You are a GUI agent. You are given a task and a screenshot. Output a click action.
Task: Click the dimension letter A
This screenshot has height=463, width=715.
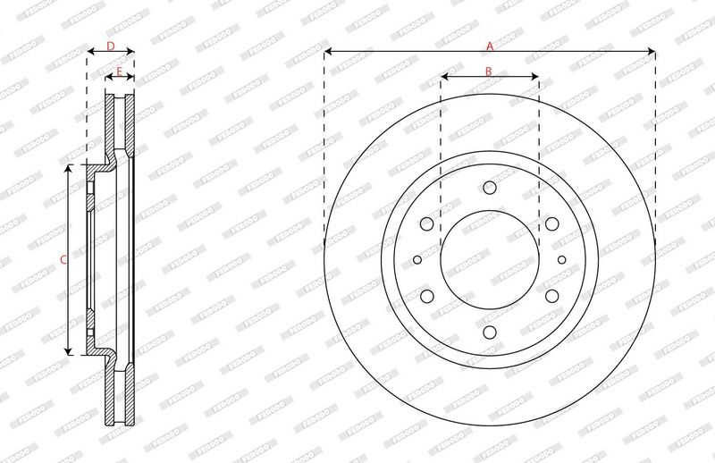point(490,46)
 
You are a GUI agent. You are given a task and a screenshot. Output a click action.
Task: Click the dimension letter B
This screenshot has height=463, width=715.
point(488,72)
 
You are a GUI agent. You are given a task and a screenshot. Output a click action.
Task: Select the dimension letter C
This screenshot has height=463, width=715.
point(63,260)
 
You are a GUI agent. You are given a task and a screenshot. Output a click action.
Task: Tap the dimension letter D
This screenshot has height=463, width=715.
point(110,46)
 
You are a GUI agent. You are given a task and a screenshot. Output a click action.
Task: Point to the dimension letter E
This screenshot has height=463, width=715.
point(119,72)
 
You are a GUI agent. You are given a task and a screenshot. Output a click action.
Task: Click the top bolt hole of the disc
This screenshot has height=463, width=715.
point(490,187)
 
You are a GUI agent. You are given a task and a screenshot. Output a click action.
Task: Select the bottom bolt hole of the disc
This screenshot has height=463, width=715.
point(490,333)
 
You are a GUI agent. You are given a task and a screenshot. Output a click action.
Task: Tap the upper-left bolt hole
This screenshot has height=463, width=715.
point(427,223)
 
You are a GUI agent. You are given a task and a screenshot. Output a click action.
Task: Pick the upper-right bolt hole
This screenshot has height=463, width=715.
point(552,223)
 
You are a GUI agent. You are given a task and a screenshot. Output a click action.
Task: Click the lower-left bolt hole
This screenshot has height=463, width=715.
point(427,296)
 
